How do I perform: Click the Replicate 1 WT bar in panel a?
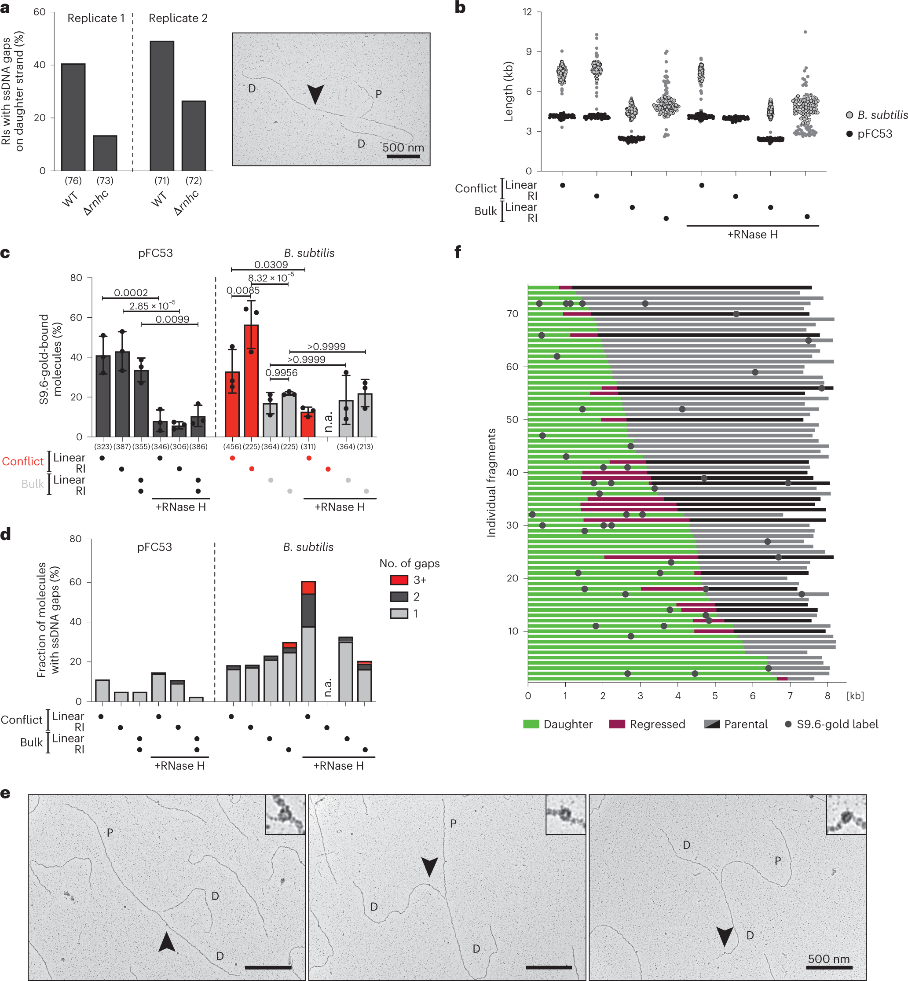pos(73,118)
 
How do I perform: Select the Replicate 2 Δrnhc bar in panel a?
pos(194,136)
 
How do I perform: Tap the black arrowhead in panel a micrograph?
pos(315,93)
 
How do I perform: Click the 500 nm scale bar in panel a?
pos(403,156)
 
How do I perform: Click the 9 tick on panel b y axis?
pos(529,51)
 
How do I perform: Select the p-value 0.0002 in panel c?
pos(131,293)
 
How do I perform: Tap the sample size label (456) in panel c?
pos(232,446)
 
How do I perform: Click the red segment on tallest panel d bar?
pos(308,588)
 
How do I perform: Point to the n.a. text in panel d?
pos(328,687)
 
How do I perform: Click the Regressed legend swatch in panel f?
pos(617,724)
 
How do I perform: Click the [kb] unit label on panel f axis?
pos(855,695)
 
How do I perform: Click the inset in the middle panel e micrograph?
pos(566,814)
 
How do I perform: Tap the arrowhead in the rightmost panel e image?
pos(725,936)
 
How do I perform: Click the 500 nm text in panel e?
pos(829,959)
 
